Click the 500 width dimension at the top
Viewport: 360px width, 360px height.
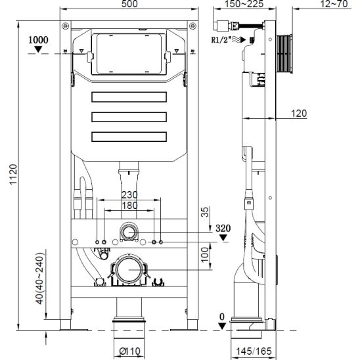[129, 4]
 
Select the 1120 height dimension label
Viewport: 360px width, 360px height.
[13, 174]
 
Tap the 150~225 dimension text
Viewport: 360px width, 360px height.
[244, 4]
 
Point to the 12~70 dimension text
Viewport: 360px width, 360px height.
[334, 4]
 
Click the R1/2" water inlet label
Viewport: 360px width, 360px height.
[221, 40]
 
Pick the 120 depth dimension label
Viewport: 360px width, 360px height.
[299, 114]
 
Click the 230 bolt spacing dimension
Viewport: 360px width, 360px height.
[129, 195]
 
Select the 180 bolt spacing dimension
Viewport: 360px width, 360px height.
[129, 206]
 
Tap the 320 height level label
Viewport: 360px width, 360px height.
[223, 229]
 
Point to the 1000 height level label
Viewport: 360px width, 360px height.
[38, 40]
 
